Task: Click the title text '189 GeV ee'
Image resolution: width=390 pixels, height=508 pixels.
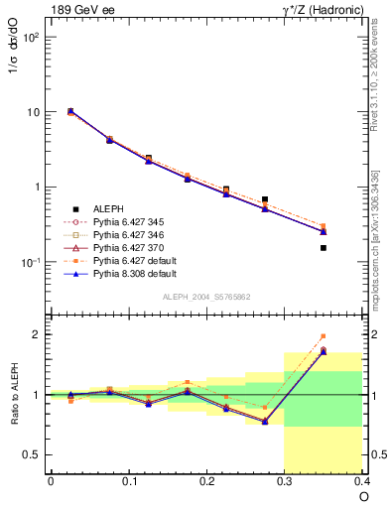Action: pos(80,9)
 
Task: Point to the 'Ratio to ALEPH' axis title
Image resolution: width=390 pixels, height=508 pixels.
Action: pos(15,395)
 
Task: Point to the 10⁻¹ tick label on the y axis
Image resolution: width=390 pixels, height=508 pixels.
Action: pos(29,263)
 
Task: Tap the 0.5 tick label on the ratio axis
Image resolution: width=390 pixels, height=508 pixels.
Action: pos(31,454)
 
